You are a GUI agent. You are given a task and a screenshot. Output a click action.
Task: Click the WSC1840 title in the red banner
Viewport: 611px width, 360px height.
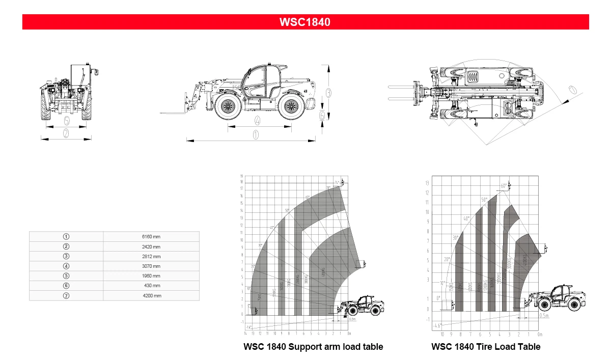(x=305, y=22)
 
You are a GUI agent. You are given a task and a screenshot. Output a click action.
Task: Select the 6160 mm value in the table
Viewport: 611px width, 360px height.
(x=151, y=237)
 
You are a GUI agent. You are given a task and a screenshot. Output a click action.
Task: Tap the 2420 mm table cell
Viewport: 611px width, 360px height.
(x=151, y=246)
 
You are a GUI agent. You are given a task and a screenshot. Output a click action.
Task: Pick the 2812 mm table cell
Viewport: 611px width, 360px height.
(x=151, y=256)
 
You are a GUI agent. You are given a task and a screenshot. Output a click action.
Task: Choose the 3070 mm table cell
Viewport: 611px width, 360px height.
(x=151, y=266)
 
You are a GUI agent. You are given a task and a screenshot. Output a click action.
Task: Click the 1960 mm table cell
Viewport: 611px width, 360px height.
(x=151, y=276)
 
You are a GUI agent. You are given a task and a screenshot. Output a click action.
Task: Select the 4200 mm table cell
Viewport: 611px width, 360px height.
(x=151, y=295)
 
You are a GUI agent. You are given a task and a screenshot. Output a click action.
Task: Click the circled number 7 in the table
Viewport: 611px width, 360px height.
(x=66, y=295)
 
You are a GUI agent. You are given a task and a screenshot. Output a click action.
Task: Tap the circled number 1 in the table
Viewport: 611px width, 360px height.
(x=66, y=237)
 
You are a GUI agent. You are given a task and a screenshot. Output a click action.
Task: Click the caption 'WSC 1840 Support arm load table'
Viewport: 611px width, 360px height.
(x=313, y=347)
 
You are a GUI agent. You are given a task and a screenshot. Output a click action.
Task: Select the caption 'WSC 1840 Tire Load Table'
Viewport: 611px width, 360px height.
(x=486, y=347)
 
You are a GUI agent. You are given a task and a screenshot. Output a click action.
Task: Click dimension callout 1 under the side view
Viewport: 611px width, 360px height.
(x=256, y=135)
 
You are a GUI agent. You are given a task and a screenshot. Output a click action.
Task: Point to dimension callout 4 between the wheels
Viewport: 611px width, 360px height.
(x=257, y=121)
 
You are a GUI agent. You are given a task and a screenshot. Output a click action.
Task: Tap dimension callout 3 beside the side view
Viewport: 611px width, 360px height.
(x=329, y=93)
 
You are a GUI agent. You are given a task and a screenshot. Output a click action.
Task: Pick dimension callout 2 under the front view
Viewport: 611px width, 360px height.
(x=66, y=133)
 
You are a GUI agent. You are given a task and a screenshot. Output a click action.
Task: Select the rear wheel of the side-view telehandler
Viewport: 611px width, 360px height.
(x=291, y=106)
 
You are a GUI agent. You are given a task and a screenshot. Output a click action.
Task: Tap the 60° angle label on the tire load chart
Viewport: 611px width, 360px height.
(x=504, y=186)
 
